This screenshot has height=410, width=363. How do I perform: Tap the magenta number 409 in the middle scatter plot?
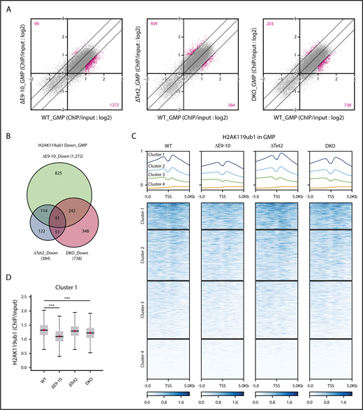(149, 24)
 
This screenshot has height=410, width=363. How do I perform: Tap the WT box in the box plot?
(44, 330)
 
